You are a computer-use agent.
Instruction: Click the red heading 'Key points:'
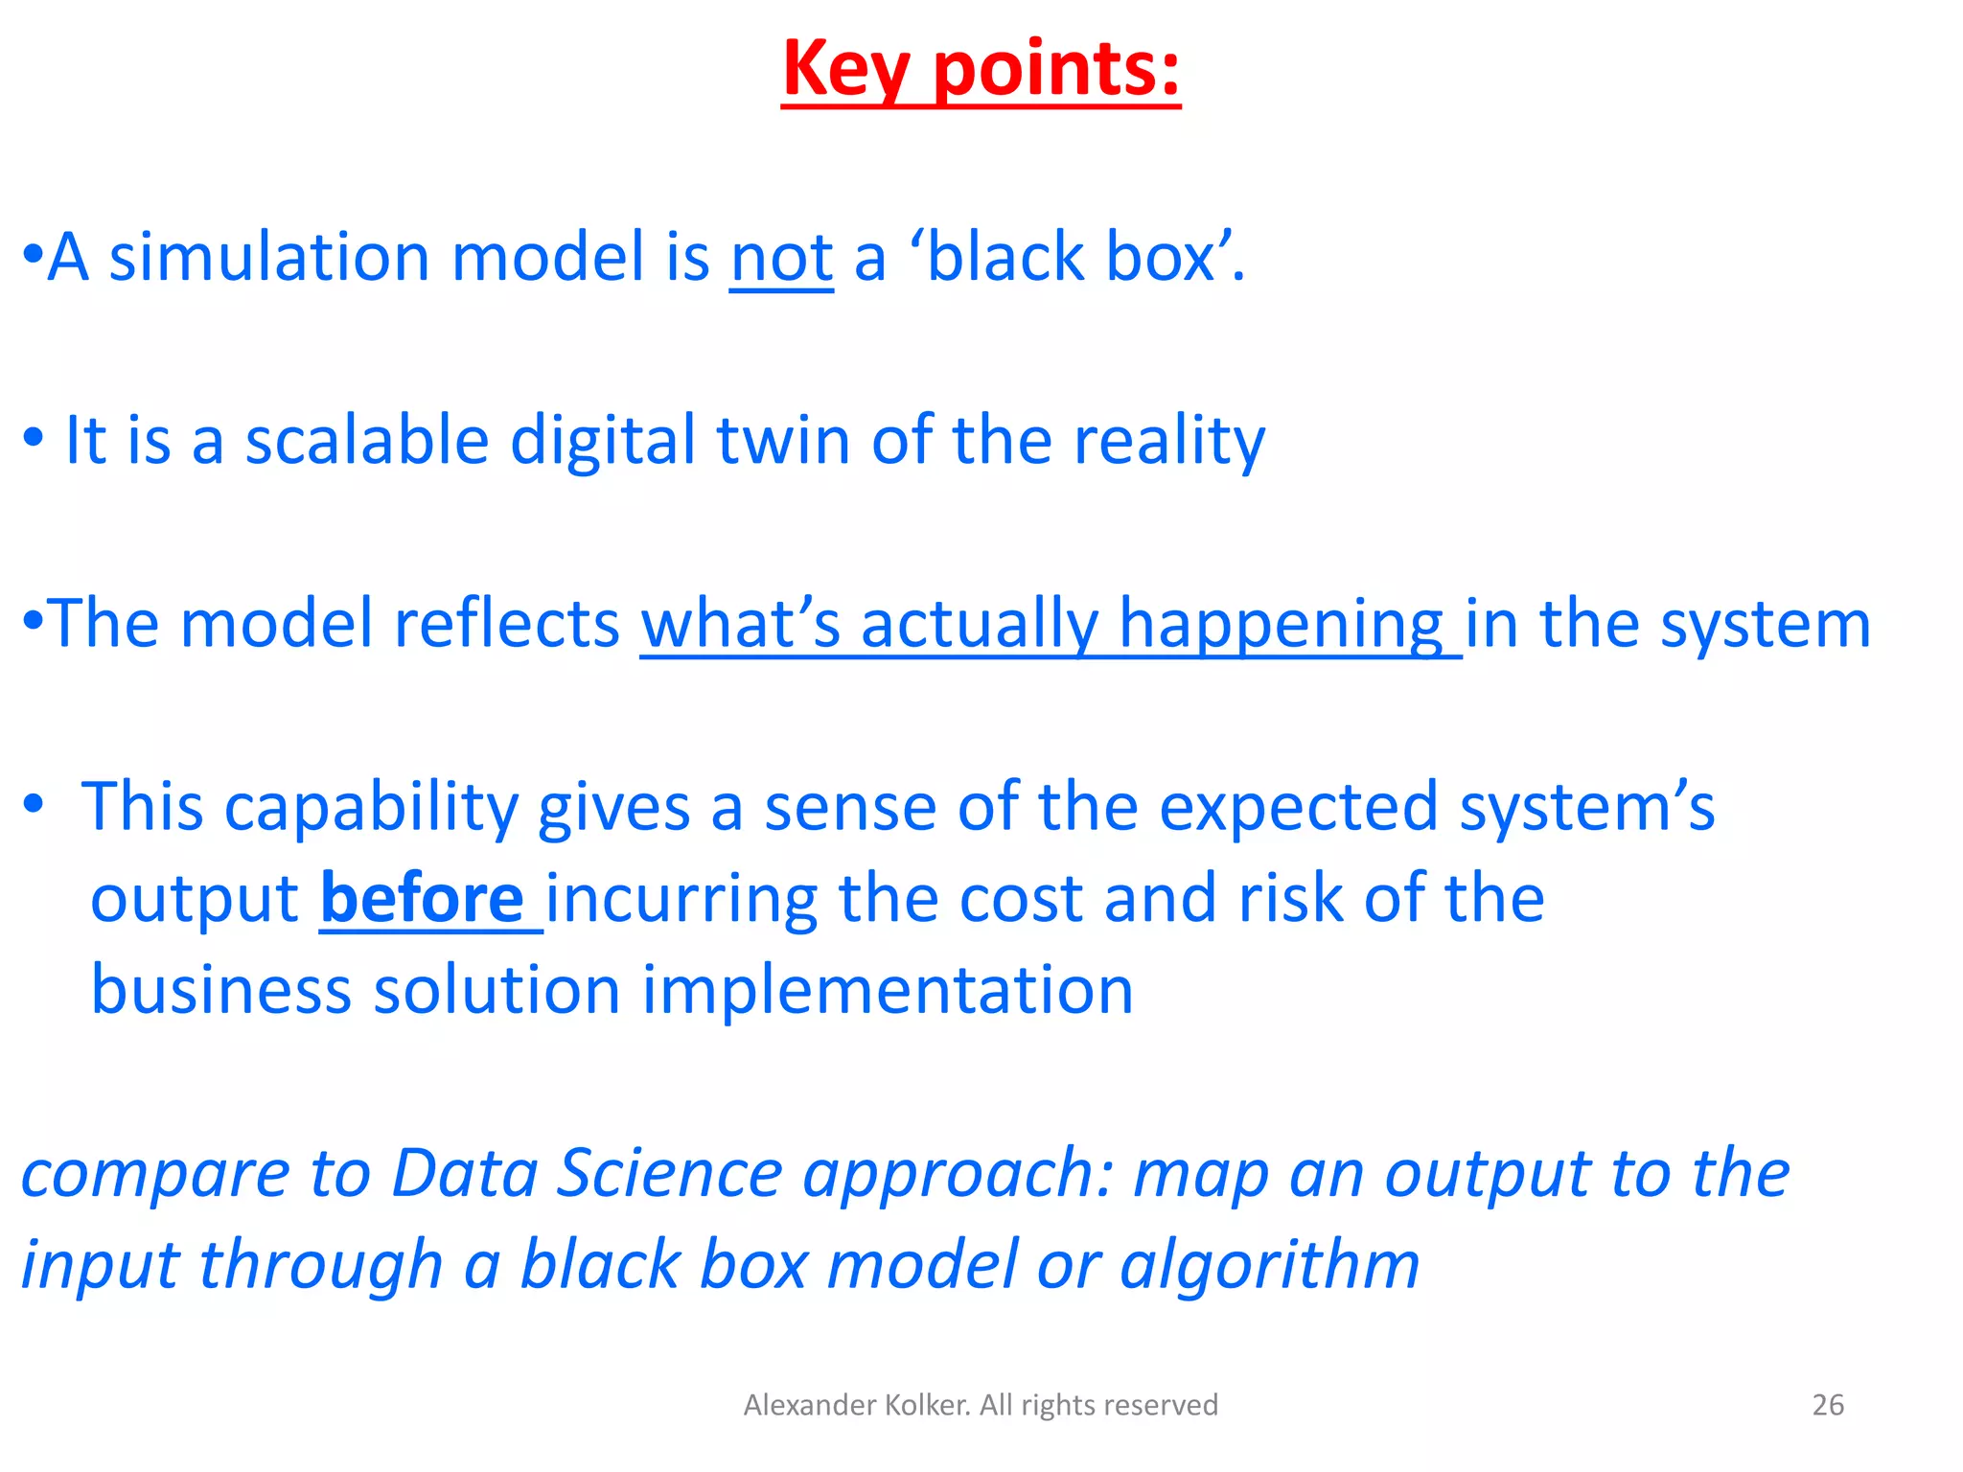[x=981, y=69]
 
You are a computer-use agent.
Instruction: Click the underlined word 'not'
[x=781, y=258]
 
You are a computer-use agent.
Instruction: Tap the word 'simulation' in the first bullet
[x=269, y=258]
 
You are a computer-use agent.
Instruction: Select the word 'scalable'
[x=367, y=441]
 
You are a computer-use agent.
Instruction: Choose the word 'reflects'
[x=507, y=624]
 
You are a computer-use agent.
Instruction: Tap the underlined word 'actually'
[x=979, y=624]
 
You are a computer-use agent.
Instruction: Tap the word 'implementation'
[x=888, y=990]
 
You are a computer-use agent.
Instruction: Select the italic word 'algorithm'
[x=1269, y=1265]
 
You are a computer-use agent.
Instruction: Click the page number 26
[x=1828, y=1405]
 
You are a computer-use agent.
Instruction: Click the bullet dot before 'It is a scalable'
[x=35, y=439]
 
